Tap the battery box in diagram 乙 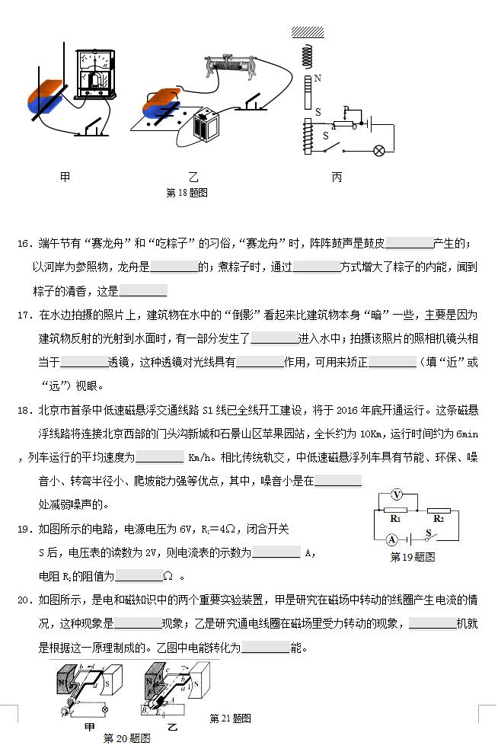point(206,124)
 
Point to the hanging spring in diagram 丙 point(308,56)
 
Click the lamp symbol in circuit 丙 point(378,150)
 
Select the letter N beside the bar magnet point(318,78)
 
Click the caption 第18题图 point(187,194)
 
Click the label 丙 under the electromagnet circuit point(337,178)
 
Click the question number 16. point(24,244)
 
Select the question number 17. point(24,315)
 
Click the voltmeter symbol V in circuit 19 point(396,494)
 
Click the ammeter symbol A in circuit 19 point(391,539)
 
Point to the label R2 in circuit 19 point(438,518)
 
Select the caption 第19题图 point(412,557)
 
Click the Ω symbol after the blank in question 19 point(168,577)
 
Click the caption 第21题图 point(230,718)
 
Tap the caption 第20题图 point(126,738)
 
